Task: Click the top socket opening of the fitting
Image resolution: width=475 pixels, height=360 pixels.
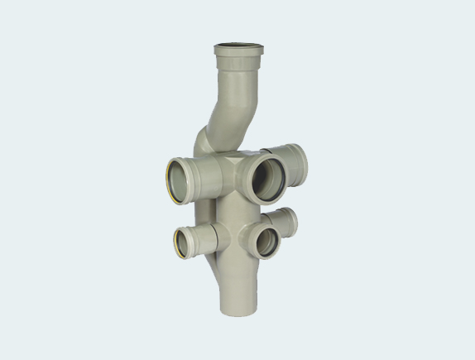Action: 238,47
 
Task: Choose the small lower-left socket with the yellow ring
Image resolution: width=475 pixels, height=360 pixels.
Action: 185,241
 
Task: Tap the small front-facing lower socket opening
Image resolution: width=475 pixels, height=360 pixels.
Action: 267,242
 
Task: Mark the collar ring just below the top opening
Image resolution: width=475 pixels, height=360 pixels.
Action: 238,62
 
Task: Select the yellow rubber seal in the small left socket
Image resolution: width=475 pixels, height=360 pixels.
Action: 177,242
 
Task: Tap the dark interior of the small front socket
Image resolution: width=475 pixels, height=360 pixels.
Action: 266,242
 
